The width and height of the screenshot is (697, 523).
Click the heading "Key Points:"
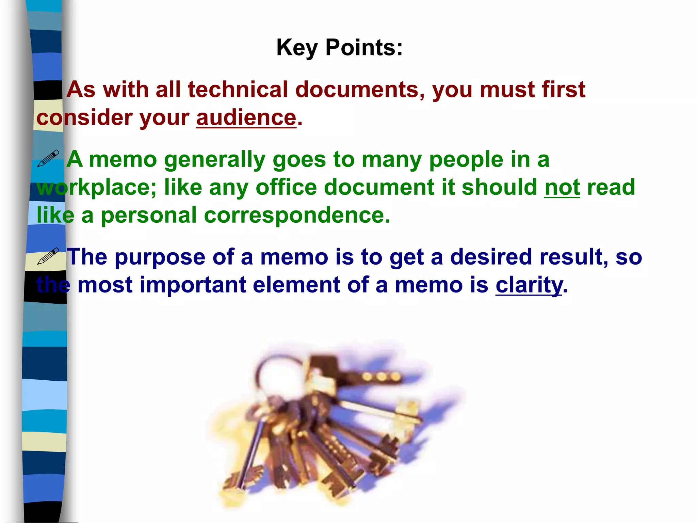339,47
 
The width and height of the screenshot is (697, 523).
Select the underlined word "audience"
246,118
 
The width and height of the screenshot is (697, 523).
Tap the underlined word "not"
562,187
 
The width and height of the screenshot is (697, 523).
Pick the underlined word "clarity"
529,285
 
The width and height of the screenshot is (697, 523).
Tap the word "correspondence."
297,215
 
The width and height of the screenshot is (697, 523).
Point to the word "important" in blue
193,285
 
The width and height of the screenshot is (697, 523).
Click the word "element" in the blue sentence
296,285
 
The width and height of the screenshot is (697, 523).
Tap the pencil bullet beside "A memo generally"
48,159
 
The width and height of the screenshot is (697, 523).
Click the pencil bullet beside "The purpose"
48,256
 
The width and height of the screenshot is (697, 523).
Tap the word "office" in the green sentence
286,187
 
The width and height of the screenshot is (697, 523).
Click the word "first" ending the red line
563,90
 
